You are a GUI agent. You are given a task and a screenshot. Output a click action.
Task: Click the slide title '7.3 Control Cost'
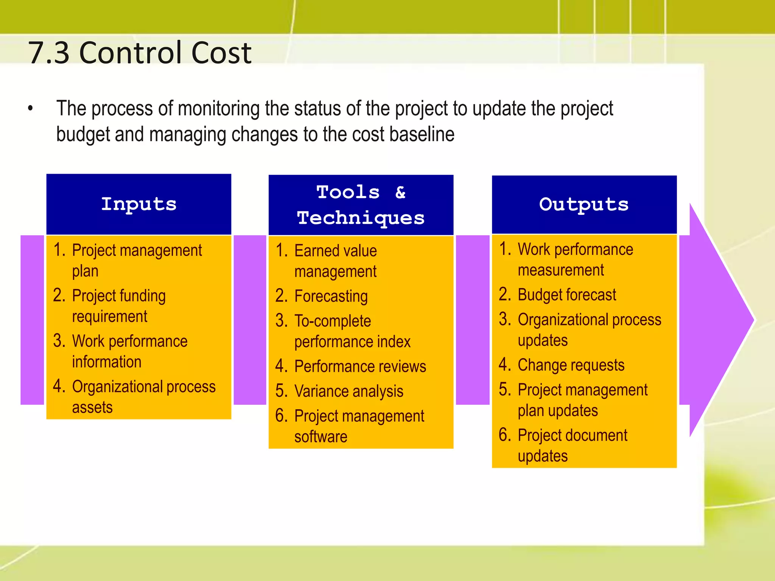click(140, 53)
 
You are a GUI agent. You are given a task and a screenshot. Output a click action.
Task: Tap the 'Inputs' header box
click(139, 204)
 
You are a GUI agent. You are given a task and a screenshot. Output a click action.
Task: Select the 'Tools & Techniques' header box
click(361, 205)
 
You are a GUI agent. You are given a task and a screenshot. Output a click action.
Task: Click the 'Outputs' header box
click(584, 205)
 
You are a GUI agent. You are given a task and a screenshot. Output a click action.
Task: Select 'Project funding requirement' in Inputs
click(118, 306)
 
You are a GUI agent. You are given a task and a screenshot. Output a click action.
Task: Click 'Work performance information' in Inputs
click(129, 351)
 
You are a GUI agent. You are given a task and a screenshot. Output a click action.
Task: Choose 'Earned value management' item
click(335, 261)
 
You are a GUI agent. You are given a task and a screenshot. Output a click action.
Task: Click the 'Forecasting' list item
click(331, 296)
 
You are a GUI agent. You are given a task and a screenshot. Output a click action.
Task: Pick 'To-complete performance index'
click(352, 331)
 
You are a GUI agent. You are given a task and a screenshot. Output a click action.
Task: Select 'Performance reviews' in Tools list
click(360, 367)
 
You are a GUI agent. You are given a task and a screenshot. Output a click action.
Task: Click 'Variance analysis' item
click(349, 391)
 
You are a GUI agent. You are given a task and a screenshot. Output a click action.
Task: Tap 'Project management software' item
click(359, 426)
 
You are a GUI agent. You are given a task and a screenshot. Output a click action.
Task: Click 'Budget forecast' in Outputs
click(566, 295)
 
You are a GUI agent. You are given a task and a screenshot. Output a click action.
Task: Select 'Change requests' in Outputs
click(571, 365)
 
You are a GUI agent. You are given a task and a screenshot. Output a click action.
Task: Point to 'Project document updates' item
click(572, 445)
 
